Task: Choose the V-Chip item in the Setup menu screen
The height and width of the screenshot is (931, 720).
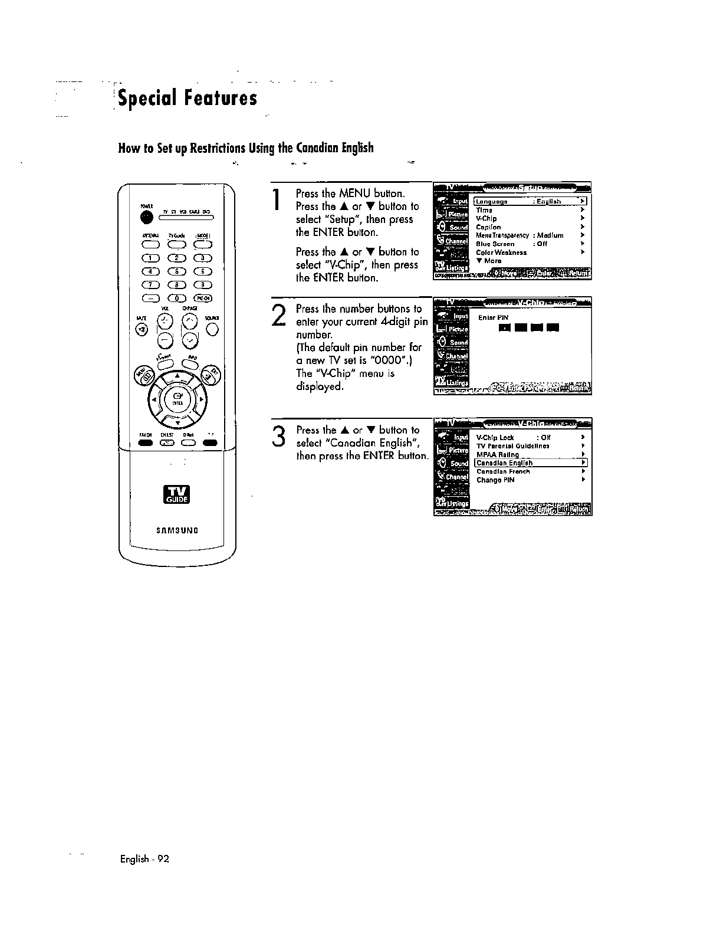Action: coord(486,219)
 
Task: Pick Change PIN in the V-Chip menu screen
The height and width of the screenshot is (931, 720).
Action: coord(495,480)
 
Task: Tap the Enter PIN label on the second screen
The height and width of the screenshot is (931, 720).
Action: coord(489,317)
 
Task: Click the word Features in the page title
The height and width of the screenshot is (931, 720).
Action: coord(218,98)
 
